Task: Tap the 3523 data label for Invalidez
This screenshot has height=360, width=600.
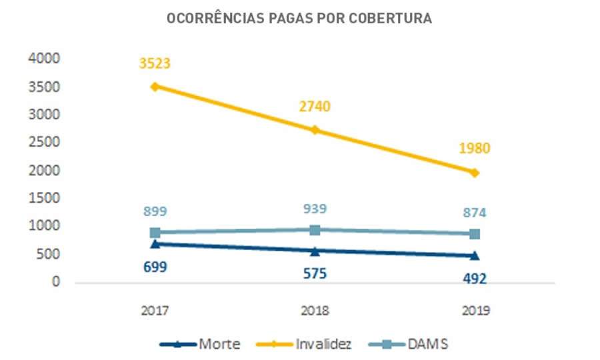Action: [155, 64]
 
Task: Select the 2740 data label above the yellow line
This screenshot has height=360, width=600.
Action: [315, 107]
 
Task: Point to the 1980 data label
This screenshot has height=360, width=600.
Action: [474, 148]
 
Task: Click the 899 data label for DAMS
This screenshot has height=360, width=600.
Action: [155, 212]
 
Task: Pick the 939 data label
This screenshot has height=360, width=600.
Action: [315, 209]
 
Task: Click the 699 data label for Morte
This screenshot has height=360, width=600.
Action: [155, 267]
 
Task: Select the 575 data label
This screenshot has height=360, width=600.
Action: [315, 273]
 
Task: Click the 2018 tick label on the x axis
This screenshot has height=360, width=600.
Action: [315, 311]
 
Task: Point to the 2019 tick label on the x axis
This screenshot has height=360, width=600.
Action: [475, 311]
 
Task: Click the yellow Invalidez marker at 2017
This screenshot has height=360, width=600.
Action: [155, 87]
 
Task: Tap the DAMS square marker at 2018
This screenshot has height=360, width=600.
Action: [315, 230]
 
